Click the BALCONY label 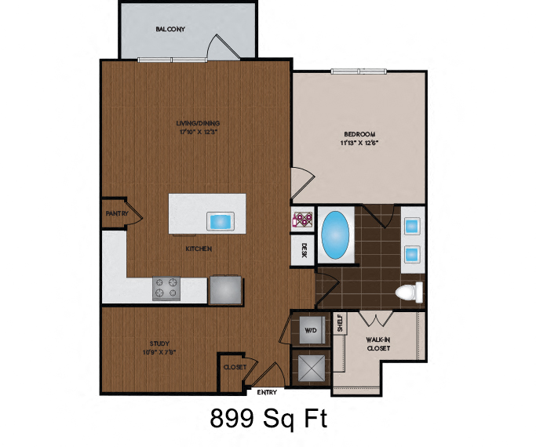click(x=170, y=29)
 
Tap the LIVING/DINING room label click(x=198, y=123)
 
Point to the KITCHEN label click(x=199, y=249)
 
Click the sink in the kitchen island click(x=220, y=221)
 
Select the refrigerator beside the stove click(x=226, y=289)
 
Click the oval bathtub click(x=337, y=234)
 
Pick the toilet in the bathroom click(x=408, y=293)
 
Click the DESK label click(x=303, y=252)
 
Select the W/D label click(x=309, y=330)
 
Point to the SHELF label click(x=341, y=324)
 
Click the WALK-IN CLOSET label click(x=379, y=345)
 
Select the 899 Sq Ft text click(x=268, y=419)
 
